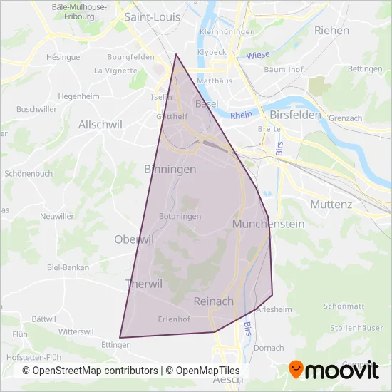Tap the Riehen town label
(331, 31)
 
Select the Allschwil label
(100, 124)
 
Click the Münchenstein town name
(268, 224)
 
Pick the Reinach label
(213, 301)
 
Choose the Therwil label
(143, 284)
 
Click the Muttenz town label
(331, 204)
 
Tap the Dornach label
(268, 348)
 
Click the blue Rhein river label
(242, 114)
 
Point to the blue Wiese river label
(257, 56)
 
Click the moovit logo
(333, 369)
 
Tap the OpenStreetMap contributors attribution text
(90, 371)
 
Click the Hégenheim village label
(76, 96)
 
